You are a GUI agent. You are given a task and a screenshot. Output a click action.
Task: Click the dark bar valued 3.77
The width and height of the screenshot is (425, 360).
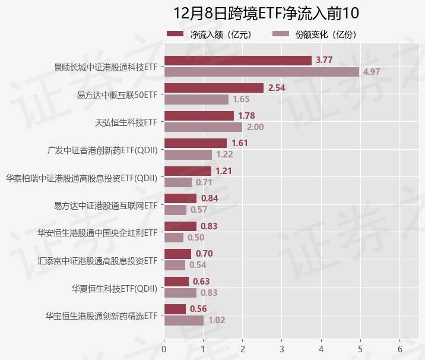pos(237,60)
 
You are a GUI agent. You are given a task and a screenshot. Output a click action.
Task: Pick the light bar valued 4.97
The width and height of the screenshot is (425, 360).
pos(261,72)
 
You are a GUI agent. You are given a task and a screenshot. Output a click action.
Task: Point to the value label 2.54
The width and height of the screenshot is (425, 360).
pos(278,88)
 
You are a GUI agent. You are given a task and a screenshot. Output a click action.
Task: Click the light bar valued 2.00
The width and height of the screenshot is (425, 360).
pos(203,127)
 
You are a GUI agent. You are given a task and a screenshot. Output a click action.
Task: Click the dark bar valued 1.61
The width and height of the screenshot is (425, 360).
pos(195,143)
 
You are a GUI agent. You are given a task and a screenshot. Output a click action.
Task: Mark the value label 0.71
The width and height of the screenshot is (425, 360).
pos(204,182)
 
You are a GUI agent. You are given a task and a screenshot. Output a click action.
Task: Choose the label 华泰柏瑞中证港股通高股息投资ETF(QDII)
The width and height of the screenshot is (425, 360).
pos(81,178)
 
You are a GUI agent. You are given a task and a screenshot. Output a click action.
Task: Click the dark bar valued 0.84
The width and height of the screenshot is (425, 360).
pos(180,198)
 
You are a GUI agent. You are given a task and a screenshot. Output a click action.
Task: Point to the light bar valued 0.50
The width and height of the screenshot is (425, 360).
pos(173,238)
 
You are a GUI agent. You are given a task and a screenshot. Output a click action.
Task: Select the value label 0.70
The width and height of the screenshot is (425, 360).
pos(204,254)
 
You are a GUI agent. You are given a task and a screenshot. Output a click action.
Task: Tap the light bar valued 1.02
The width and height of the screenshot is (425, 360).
pos(183,320)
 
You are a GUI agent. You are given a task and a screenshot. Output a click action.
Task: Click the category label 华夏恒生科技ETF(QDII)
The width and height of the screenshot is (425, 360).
pos(115,288)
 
